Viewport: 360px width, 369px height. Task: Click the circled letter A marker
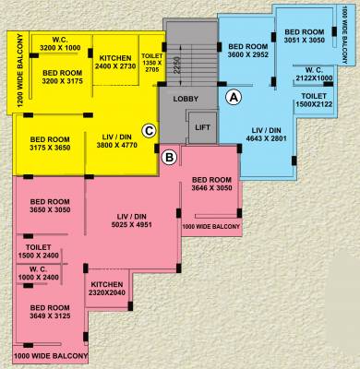[x=234, y=95]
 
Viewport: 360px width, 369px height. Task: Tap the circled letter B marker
[x=169, y=158]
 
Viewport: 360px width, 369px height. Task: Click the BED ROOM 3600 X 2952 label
[x=247, y=51]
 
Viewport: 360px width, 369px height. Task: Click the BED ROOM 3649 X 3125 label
[x=50, y=312]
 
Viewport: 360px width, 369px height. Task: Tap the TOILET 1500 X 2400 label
[x=45, y=252]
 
